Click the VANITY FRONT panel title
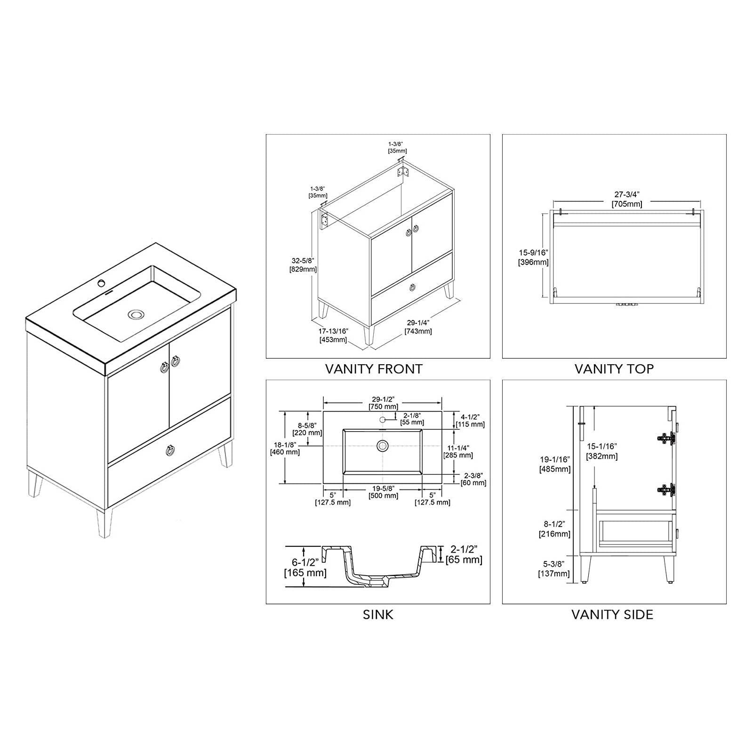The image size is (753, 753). [374, 369]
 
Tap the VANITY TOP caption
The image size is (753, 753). [614, 369]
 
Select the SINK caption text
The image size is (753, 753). [378, 615]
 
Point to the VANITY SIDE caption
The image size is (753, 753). [612, 615]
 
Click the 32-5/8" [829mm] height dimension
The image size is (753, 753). [303, 265]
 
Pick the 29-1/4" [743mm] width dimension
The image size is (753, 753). [418, 327]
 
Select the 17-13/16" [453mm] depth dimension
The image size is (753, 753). [333, 336]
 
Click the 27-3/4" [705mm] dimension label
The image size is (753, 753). [627, 199]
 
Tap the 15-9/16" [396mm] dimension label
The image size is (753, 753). [533, 258]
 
